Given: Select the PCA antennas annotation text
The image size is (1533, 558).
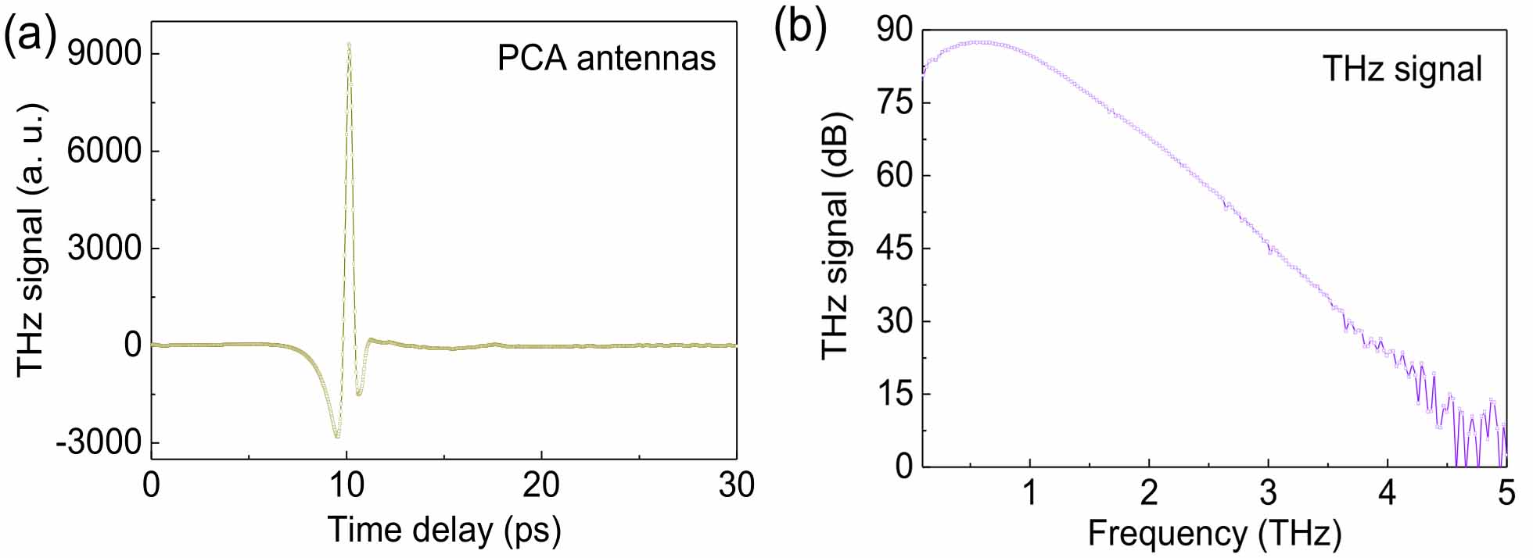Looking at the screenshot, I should point(606,59).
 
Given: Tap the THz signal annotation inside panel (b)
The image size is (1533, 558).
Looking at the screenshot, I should point(1402,69).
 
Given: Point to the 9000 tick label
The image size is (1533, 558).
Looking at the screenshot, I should point(104,54).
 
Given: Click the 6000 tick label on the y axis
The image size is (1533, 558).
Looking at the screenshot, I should point(104,151).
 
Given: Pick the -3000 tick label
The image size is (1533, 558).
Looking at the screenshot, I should point(99,442).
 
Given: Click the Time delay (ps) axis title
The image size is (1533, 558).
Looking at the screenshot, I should point(444,530).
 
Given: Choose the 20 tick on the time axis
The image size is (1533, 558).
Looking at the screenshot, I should point(541,486).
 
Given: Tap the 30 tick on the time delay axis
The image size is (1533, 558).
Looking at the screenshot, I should point(736,486).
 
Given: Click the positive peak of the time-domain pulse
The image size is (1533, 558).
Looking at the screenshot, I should point(349,45).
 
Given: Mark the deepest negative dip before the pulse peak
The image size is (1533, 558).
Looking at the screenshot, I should point(337,435).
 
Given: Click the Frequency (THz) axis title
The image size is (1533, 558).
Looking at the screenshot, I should point(1214,533).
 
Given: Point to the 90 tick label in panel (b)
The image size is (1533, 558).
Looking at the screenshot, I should point(895,30).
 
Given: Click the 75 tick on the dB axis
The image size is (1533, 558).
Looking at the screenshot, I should point(895,103).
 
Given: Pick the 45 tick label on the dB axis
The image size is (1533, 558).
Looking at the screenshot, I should point(895,249).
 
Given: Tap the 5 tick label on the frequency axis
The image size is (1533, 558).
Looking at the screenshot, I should point(1506,494).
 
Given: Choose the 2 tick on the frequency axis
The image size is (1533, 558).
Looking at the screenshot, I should point(1149,494).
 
